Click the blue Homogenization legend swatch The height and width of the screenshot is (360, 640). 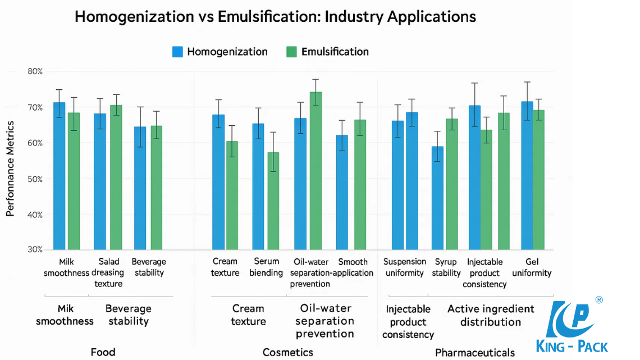click(177, 52)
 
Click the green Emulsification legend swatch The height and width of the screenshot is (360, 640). click(291, 52)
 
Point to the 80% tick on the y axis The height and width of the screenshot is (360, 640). click(35, 71)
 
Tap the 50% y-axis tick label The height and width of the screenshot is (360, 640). click(35, 179)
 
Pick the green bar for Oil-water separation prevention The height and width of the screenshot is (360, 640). click(316, 171)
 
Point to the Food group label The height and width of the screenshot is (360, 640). click(103, 352)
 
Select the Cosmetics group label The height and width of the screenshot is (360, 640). click(287, 352)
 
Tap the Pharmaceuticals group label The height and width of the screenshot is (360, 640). click(474, 353)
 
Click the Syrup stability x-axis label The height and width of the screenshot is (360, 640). click(446, 267)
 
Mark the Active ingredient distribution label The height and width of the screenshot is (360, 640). click(490, 315)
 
